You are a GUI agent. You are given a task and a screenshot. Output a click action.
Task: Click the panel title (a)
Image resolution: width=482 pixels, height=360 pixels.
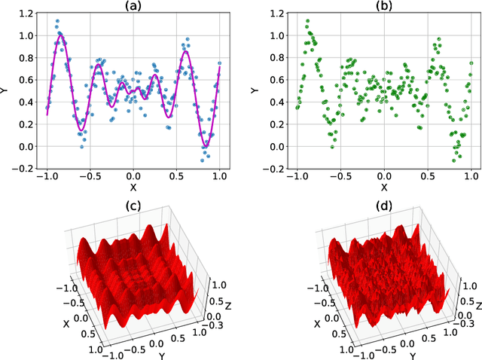click(133, 7)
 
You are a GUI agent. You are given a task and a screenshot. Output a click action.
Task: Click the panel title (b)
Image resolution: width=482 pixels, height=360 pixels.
click(384, 7)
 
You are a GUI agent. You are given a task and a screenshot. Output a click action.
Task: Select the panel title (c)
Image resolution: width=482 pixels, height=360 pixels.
click(133, 206)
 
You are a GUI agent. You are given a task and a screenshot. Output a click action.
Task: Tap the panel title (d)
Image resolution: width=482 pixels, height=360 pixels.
click(383, 206)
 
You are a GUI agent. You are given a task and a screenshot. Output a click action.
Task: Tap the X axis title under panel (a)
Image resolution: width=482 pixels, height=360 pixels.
click(133, 187)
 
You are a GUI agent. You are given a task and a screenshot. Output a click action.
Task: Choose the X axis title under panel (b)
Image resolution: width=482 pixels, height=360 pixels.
click(384, 187)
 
